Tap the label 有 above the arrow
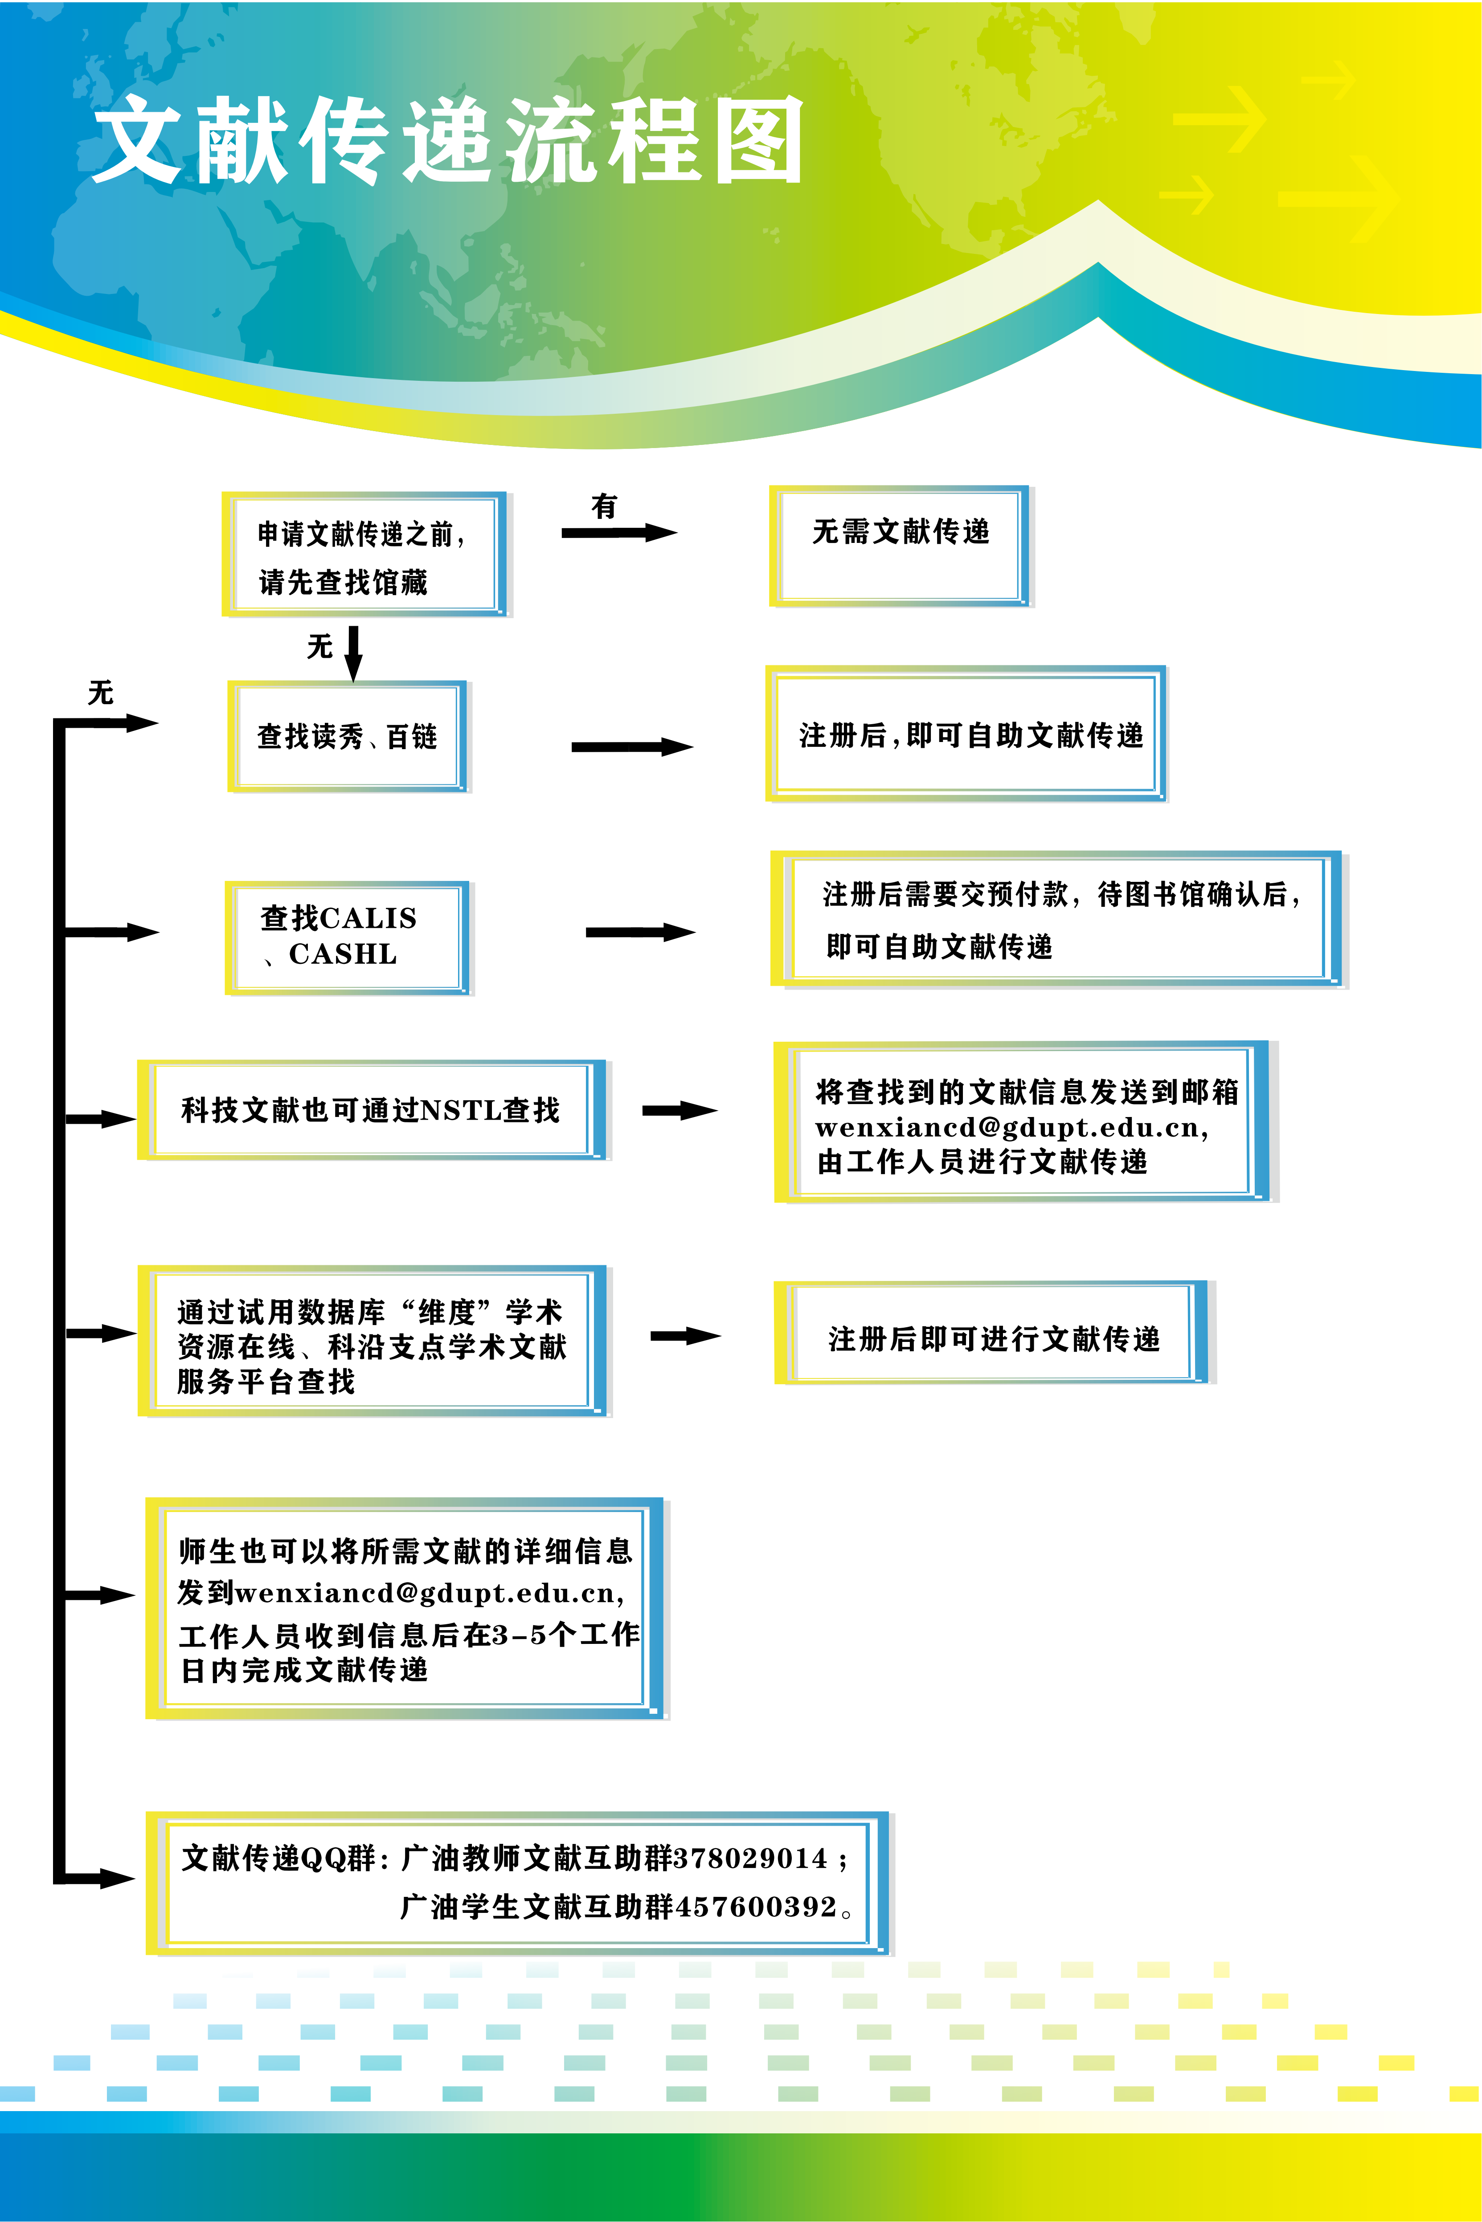(604, 506)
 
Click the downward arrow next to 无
(352, 652)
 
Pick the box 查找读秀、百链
(348, 736)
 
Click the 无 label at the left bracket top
(100, 693)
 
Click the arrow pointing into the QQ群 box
(104, 1878)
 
